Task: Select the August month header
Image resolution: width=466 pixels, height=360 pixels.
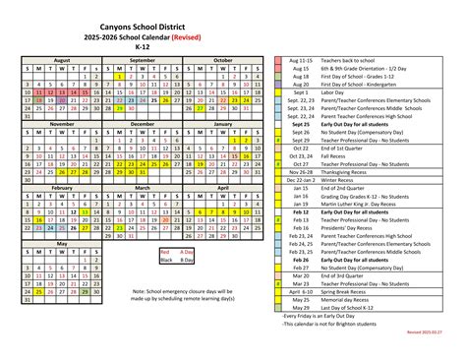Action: point(62,59)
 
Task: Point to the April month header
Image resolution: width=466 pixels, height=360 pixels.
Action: point(223,187)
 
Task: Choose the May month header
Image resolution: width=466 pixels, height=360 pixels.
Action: point(62,242)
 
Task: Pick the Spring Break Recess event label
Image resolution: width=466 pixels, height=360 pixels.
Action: point(343,291)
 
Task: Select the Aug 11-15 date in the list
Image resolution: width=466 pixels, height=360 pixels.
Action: point(300,59)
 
